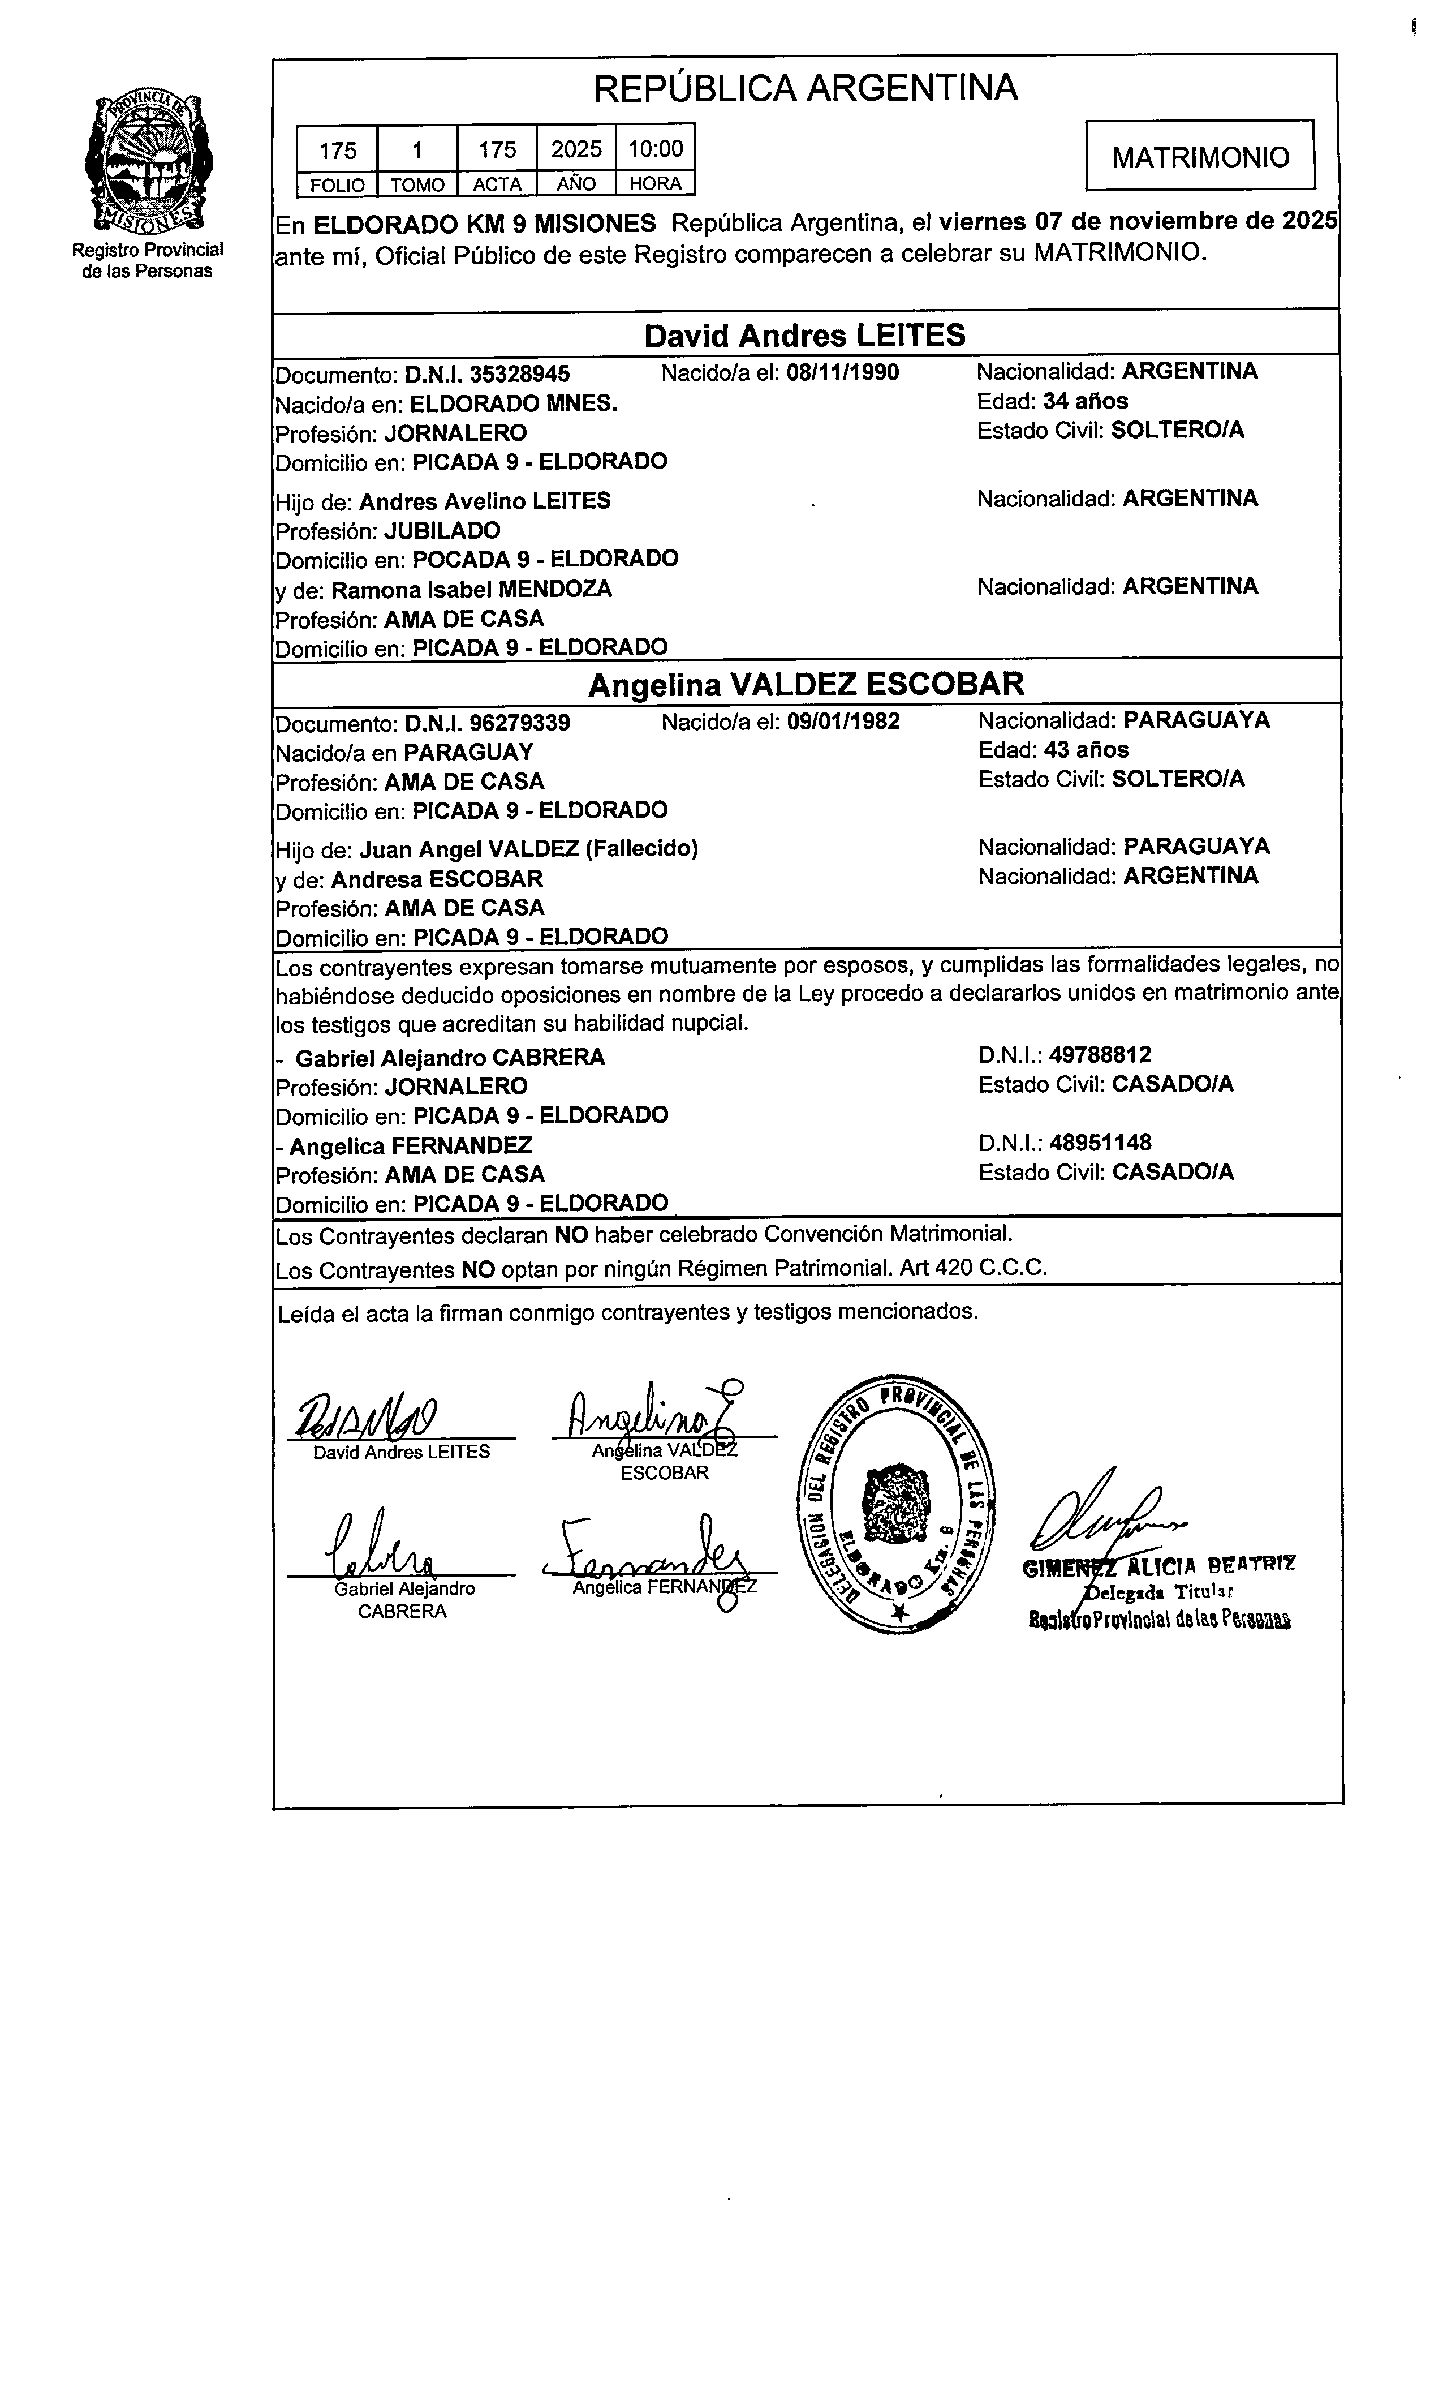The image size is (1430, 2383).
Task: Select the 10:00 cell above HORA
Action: (655, 148)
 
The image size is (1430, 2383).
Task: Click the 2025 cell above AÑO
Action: (576, 148)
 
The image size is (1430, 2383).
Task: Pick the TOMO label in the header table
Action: (417, 184)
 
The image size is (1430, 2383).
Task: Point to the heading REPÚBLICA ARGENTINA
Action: (806, 89)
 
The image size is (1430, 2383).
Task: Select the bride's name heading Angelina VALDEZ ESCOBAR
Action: (806, 684)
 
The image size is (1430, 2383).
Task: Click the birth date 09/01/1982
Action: (843, 722)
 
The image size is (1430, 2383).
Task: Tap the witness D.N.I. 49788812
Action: (1100, 1055)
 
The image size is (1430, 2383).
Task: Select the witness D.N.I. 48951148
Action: (1100, 1143)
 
